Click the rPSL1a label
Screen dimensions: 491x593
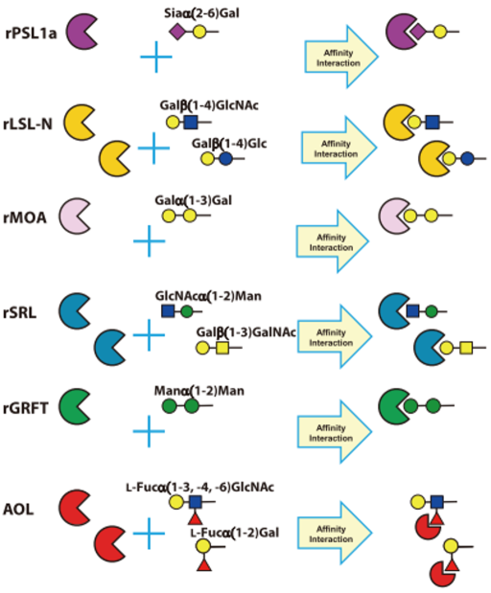pos(31,34)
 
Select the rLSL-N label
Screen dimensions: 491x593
pos(28,124)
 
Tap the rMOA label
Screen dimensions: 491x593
pos(25,217)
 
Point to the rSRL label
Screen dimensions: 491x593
pos(20,312)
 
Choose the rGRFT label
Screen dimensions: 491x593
pos(26,408)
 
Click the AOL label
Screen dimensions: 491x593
pos(18,510)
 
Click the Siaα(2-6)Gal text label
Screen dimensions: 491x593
pos(201,13)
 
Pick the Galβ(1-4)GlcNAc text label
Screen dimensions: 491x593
pos(209,105)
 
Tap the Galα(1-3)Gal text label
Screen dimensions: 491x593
pos(193,200)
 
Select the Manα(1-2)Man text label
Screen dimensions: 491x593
pos(199,390)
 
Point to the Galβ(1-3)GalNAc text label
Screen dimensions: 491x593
pos(246,332)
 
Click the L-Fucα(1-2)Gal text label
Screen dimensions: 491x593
pos(235,533)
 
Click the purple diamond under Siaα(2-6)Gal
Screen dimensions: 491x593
pos(177,32)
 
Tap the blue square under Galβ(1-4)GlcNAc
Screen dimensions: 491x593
pos(191,123)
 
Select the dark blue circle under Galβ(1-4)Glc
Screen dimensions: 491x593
pos(225,158)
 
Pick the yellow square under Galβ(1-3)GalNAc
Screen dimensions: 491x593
pos(222,348)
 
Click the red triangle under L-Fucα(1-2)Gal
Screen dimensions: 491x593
pos(204,564)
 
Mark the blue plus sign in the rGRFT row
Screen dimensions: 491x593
pos(150,431)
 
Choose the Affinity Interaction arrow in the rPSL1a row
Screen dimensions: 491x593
pos(341,57)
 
